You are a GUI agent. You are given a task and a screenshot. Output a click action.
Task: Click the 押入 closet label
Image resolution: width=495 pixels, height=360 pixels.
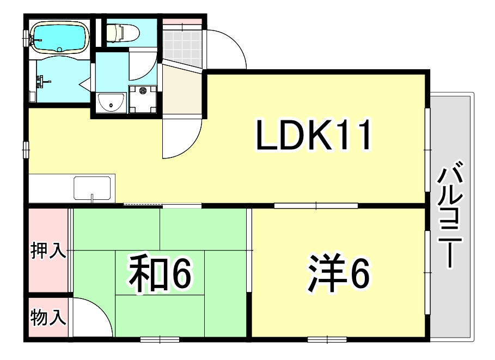pyautogui.click(x=48, y=252)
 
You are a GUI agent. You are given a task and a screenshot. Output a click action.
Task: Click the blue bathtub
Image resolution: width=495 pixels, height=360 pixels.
pyautogui.click(x=59, y=37)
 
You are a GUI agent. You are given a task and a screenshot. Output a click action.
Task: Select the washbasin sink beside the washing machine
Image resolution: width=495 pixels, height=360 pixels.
pyautogui.click(x=112, y=101)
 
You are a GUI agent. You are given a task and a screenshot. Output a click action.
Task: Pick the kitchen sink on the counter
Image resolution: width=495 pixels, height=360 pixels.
pyautogui.click(x=93, y=188)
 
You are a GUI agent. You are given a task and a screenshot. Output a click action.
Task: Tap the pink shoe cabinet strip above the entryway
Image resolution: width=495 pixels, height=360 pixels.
pyautogui.click(x=182, y=22)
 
